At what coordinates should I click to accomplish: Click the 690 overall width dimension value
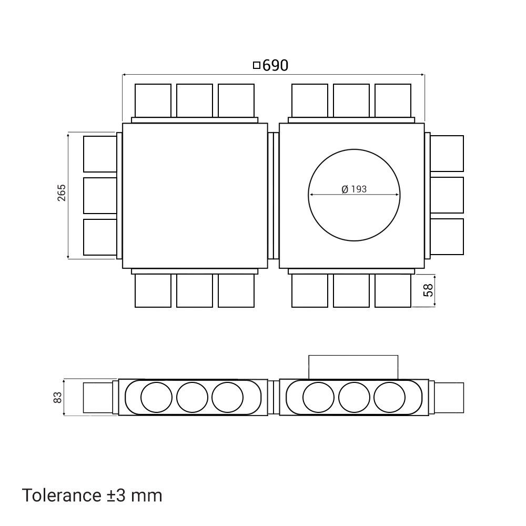coord(275,65)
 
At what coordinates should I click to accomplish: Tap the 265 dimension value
coord(62,193)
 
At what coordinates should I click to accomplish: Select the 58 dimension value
coord(428,290)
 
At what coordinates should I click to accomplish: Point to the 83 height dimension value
coord(58,398)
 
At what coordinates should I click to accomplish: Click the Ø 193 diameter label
coord(354,189)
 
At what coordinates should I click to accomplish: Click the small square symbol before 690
coord(257,65)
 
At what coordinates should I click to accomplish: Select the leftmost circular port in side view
coord(156,398)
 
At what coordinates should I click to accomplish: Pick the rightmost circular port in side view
coord(389,398)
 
